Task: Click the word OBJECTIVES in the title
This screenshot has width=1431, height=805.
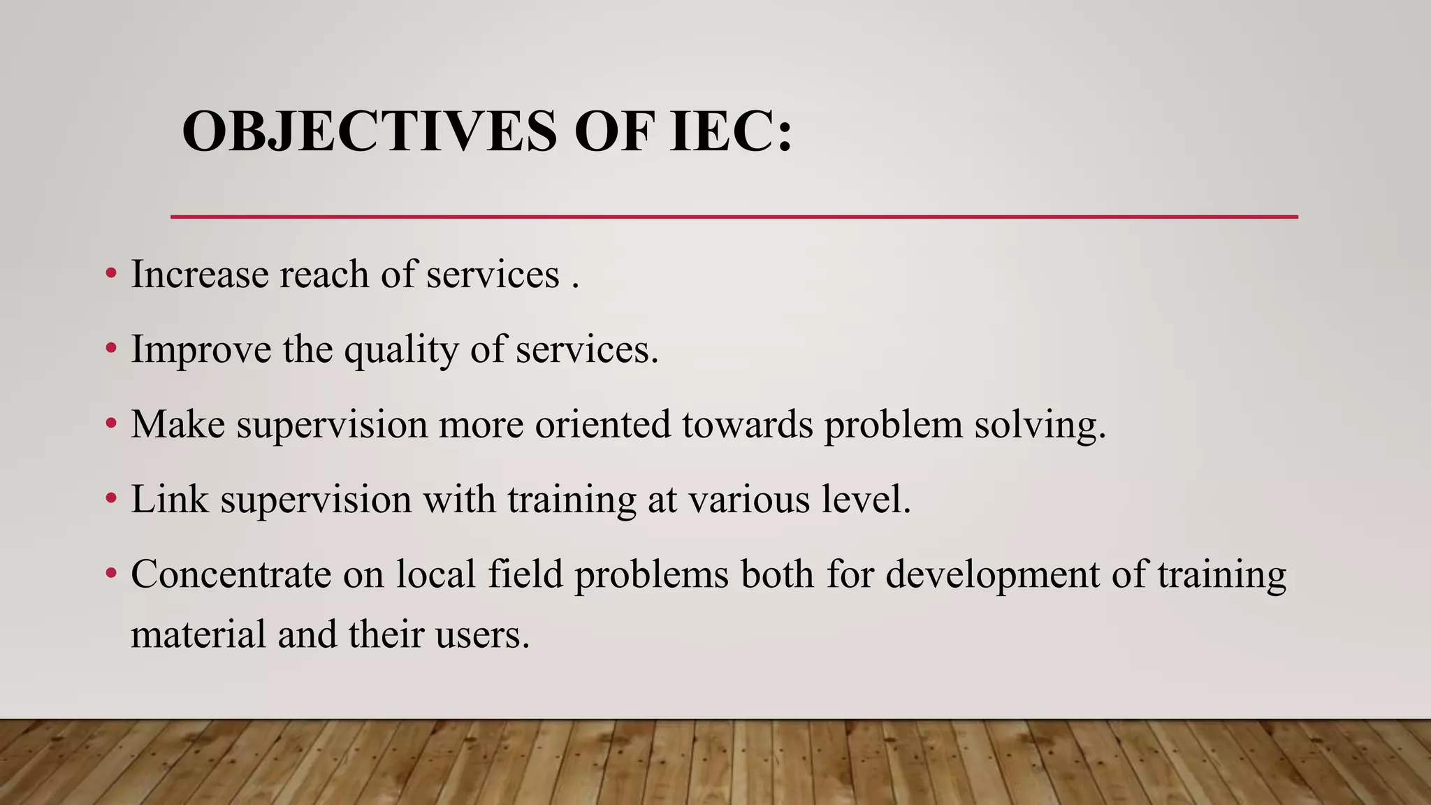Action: click(370, 131)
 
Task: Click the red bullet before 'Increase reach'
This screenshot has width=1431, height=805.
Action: click(110, 273)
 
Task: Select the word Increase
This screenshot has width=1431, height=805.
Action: click(200, 274)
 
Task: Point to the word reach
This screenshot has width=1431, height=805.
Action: click(324, 274)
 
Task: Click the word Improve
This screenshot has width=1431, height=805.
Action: click(201, 349)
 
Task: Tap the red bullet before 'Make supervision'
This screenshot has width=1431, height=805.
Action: click(110, 423)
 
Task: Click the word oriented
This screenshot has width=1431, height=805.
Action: click(603, 425)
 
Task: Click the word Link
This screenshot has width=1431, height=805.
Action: click(170, 500)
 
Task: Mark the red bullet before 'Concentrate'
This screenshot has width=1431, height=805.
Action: click(110, 574)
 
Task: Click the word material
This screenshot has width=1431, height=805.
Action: click(198, 635)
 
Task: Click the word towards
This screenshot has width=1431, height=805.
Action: click(748, 425)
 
